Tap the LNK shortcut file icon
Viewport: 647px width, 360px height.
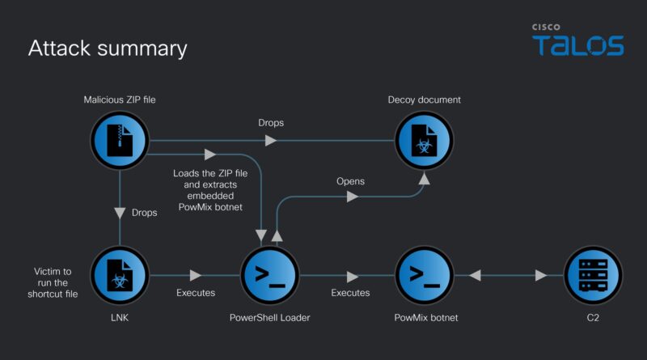click(x=120, y=276)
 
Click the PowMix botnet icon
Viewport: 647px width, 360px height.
click(x=424, y=276)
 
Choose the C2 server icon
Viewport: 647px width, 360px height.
click(x=593, y=276)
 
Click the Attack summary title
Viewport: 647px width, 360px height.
click(x=108, y=49)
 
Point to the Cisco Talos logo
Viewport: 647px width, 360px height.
click(x=577, y=40)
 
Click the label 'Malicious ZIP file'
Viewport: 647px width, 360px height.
click(x=120, y=100)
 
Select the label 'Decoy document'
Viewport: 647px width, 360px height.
click(x=424, y=100)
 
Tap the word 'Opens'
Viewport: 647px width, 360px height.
click(x=350, y=181)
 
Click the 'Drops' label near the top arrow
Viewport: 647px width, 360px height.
click(x=271, y=123)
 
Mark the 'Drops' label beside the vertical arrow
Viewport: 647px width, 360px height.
click(x=145, y=212)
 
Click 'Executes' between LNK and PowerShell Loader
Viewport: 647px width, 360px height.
click(x=196, y=293)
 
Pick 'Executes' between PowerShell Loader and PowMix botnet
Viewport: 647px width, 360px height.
click(x=350, y=293)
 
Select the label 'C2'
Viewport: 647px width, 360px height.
click(x=593, y=318)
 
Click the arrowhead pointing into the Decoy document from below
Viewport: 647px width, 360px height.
click(x=424, y=179)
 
